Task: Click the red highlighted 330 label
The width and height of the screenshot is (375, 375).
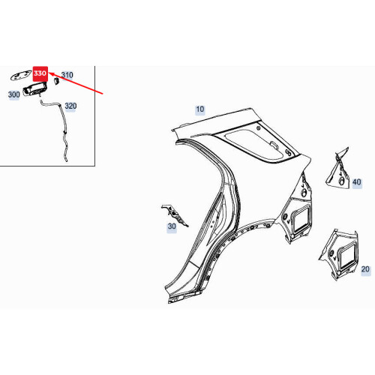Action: click(x=40, y=74)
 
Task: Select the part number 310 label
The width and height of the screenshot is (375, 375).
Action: click(x=67, y=75)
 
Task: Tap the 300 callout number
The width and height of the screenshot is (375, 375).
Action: click(x=13, y=95)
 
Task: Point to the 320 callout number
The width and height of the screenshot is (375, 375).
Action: click(x=71, y=106)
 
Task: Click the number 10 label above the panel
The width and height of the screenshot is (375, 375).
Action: click(x=199, y=109)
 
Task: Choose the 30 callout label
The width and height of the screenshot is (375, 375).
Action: click(x=171, y=226)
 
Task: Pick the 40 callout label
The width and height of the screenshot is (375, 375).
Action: click(x=356, y=181)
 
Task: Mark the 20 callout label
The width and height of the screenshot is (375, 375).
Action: click(x=366, y=268)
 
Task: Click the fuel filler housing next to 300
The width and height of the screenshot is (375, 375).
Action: click(x=35, y=90)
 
